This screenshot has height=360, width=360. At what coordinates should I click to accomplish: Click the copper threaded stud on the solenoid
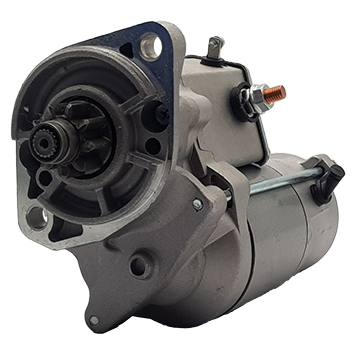(277, 93)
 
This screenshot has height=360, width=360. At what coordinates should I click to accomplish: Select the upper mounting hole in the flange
(151, 44)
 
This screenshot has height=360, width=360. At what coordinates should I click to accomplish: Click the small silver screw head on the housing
(197, 205)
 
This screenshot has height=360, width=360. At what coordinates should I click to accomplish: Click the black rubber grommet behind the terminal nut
(244, 101)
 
